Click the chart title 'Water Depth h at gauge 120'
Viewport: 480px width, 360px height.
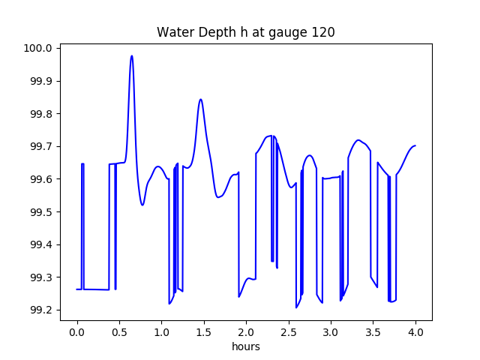coord(245,32)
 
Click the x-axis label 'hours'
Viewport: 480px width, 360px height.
coord(245,347)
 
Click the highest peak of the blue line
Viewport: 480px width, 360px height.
coord(132,55)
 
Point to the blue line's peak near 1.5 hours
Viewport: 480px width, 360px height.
coord(200,99)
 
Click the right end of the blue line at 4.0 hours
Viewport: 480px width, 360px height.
coord(415,145)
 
